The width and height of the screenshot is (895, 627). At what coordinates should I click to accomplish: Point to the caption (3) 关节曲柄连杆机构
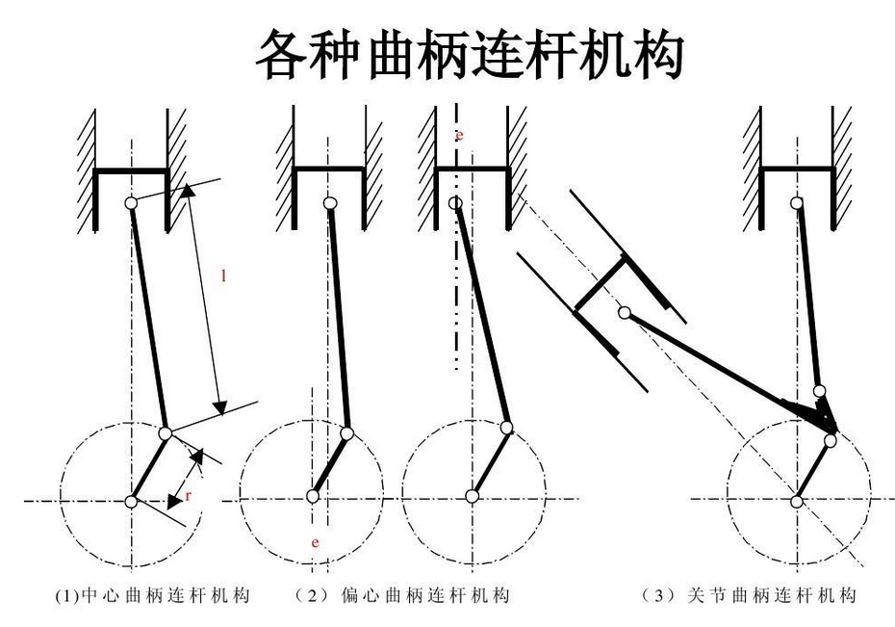tap(748, 596)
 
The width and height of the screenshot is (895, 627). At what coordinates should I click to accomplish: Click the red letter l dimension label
tap(224, 276)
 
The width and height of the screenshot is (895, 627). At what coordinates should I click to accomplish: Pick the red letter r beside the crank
tap(189, 495)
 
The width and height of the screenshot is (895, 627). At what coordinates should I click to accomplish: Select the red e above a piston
tap(460, 136)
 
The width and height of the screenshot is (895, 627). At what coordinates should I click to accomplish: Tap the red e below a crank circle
tap(315, 543)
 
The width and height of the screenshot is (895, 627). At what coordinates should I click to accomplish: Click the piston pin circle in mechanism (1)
tap(132, 202)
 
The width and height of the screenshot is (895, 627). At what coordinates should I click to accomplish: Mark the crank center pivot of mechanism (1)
tap(132, 500)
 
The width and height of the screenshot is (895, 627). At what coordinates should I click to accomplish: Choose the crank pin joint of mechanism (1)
tap(166, 434)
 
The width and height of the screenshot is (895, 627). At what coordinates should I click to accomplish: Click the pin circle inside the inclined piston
tap(625, 312)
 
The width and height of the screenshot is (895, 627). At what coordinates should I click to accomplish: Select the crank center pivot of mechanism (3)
tap(797, 500)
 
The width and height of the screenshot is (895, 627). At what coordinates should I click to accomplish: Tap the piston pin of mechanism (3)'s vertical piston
tap(797, 202)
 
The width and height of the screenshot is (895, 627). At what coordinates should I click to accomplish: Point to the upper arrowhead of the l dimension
tap(189, 191)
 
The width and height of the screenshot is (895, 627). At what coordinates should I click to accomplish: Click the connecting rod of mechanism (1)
tap(149, 318)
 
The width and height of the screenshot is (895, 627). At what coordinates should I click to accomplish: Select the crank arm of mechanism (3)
tap(814, 471)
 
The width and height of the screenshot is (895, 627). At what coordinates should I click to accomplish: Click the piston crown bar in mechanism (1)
tap(132, 170)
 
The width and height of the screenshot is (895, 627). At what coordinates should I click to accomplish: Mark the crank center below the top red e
tap(472, 496)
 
